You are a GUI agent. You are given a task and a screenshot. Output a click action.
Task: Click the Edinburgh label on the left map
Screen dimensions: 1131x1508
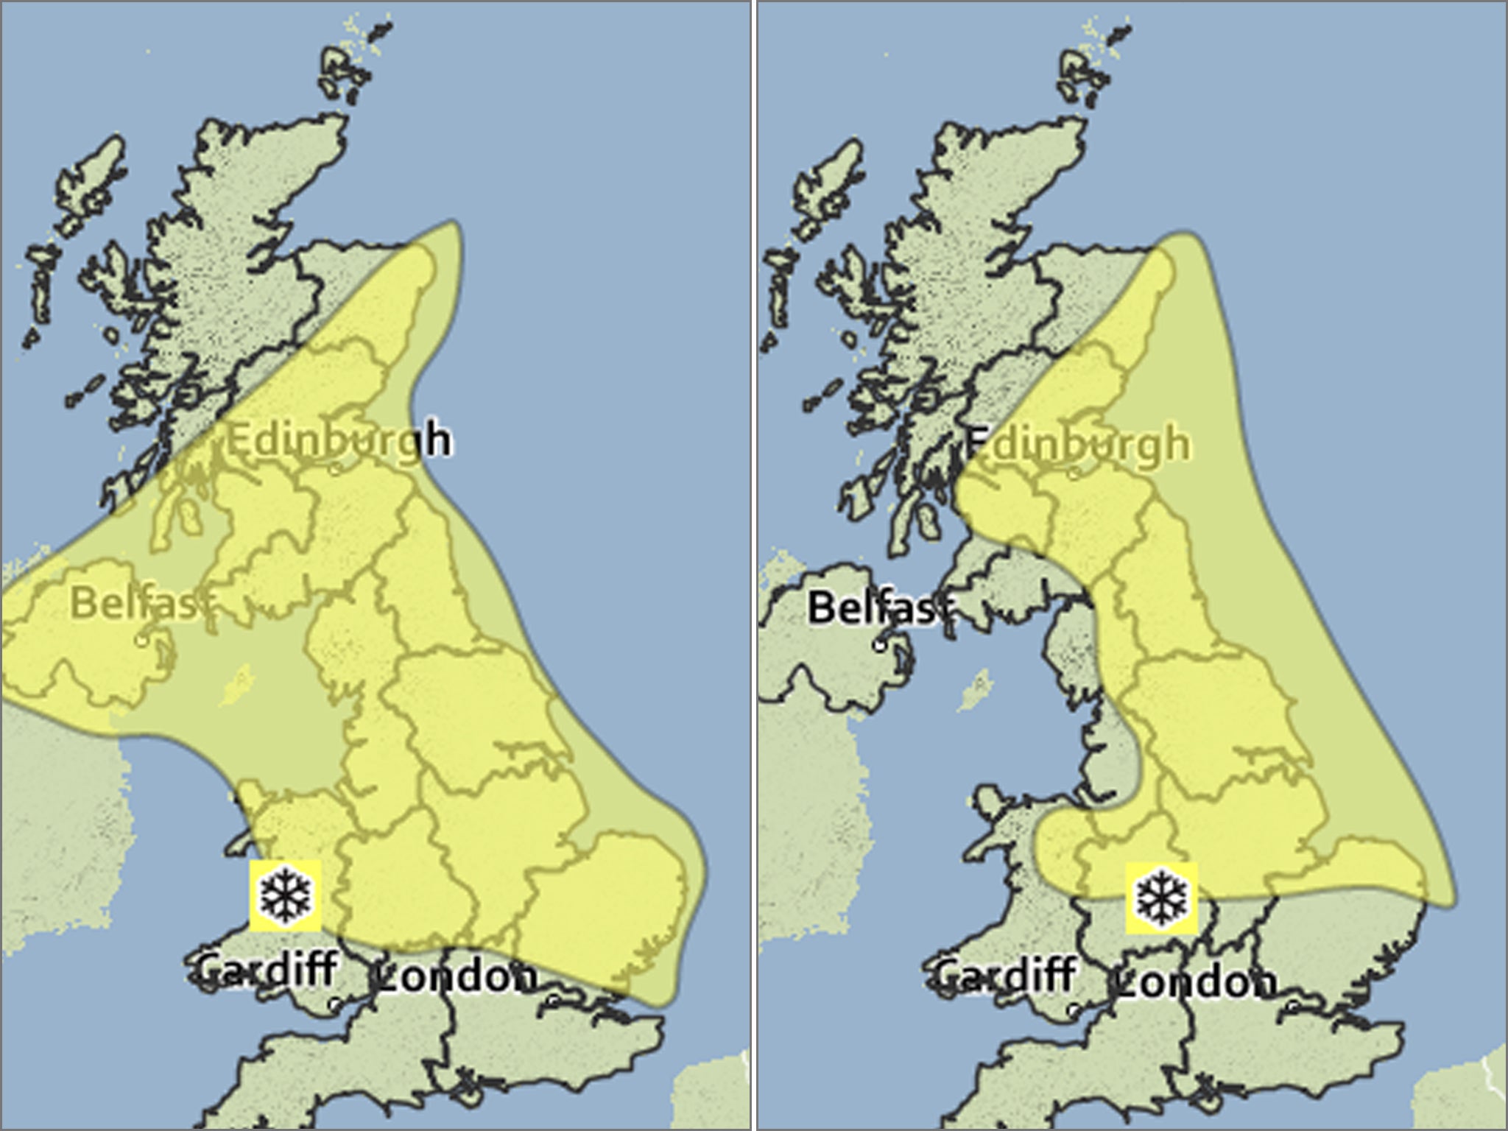(x=337, y=441)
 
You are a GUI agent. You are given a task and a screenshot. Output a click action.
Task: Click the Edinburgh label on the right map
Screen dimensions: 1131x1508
(x=1077, y=444)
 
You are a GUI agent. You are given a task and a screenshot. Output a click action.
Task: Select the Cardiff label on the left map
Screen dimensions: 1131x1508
(x=267, y=968)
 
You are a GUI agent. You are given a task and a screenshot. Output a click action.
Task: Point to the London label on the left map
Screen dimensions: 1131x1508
(x=457, y=977)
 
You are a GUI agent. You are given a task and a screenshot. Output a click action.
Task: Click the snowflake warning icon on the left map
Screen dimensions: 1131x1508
(x=286, y=895)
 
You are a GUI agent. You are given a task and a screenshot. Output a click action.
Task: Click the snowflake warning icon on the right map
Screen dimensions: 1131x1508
(x=1162, y=898)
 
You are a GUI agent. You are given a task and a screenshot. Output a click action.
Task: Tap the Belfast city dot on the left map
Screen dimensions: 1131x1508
(x=141, y=641)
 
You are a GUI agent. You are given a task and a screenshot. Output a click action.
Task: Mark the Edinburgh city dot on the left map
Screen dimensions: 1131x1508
(x=335, y=468)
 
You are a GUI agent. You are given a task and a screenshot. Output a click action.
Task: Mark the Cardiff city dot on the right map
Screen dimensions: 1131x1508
(x=1074, y=1007)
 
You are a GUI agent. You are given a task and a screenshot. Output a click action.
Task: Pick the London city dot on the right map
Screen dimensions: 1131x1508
(x=1293, y=1004)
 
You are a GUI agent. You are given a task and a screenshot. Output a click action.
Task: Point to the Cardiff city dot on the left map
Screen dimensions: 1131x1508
(x=335, y=1003)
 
